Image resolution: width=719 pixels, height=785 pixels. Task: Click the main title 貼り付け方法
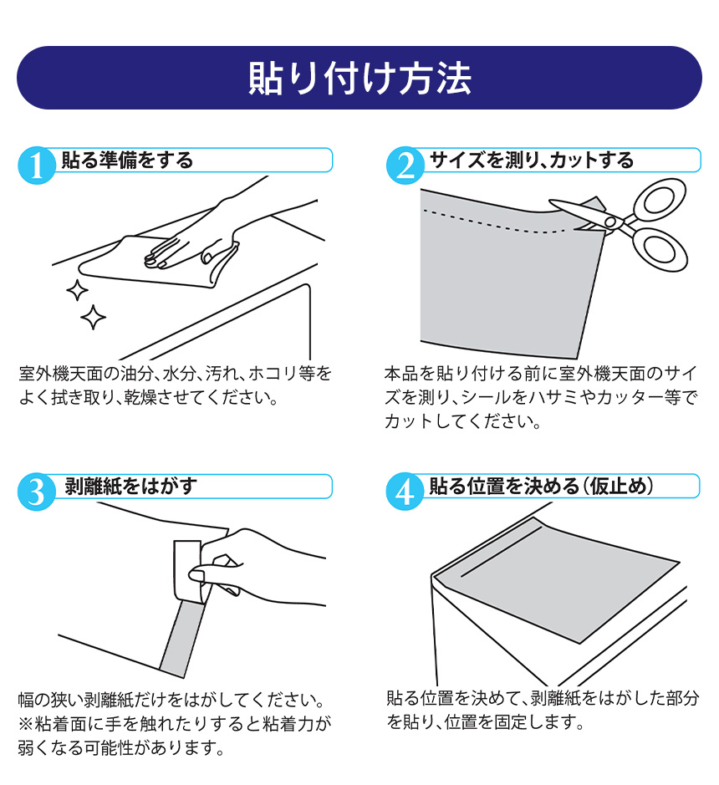pos(359,77)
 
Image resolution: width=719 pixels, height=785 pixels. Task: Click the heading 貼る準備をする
pos(127,159)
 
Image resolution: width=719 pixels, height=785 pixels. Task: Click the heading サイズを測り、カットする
pos(532,159)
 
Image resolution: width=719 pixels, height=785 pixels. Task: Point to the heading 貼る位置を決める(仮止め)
pos(541,486)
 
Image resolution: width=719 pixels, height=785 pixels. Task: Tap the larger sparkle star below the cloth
pos(93,317)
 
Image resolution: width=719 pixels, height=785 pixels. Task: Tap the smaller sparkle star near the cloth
pos(77,291)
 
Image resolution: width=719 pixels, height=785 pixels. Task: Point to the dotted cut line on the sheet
pos(493,223)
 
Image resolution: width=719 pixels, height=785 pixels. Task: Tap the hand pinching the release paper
pos(251,568)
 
